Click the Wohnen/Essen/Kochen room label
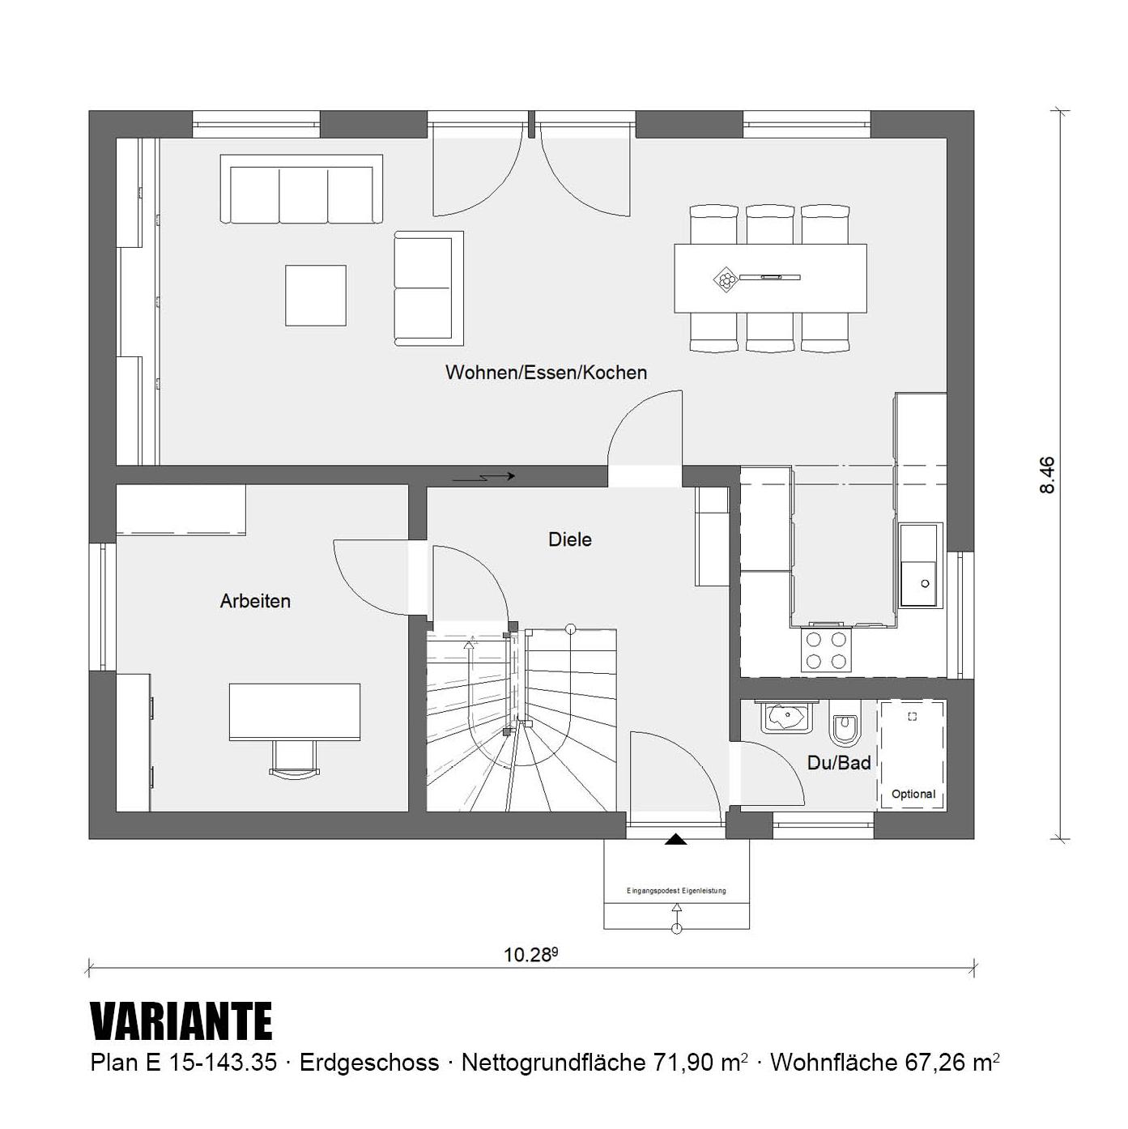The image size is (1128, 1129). pos(546,373)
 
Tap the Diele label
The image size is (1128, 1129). pos(569,539)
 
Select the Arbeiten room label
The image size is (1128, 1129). pos(255,601)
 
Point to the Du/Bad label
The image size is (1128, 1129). pos(839,763)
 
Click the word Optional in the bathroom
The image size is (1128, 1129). pos(913,794)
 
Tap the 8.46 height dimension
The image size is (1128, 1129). pos(1047,475)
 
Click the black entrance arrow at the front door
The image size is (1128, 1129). pos(675,840)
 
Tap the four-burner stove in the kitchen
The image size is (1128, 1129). pos(826,650)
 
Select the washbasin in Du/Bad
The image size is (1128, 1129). pos(785,717)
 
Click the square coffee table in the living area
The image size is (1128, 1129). pos(316,296)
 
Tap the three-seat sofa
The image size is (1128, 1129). pos(302,190)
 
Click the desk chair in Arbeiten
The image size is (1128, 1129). pos(294,760)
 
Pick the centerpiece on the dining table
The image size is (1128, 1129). pos(726,279)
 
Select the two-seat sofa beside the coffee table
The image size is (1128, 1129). pos(428,288)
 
